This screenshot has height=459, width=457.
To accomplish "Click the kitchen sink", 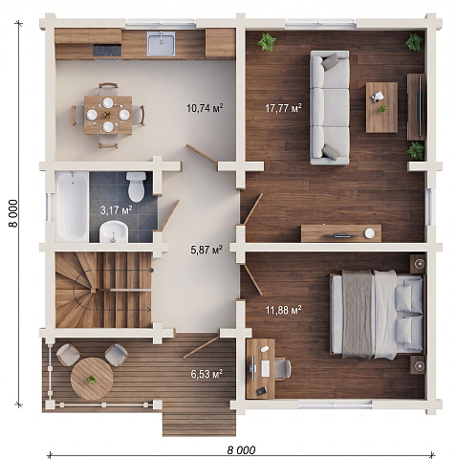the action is point(161,43).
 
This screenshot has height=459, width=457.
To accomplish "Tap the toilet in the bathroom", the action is point(137,186).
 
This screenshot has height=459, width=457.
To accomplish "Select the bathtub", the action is point(73,207).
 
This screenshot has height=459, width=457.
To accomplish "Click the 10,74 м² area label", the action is point(205,108).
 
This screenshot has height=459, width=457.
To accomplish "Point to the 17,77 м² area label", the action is point(283,108).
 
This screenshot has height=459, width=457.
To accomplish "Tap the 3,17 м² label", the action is point(117,210).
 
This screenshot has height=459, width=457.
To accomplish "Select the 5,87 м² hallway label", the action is point(207,250).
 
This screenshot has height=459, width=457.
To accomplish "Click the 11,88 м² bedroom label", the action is point(283,310).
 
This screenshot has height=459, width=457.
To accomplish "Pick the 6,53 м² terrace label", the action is point(207,374).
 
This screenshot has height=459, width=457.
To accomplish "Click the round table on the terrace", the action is point(92,379).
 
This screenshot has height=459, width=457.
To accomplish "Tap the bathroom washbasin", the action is point(114,231).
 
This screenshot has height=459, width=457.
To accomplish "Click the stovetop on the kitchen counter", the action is point(107,51).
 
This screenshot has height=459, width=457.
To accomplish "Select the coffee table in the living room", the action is point(381,107).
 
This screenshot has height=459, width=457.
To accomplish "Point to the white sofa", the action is point(330,107).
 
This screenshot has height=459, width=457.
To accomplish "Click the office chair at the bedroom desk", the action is point(283,369).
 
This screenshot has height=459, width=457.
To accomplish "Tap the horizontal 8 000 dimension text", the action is point(241,450).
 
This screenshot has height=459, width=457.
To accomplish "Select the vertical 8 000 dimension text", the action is point(13,213).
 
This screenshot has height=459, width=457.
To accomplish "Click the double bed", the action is point(378,314).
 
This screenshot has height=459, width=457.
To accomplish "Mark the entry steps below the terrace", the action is point(199,423).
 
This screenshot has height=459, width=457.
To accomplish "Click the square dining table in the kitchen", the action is point(108,115).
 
